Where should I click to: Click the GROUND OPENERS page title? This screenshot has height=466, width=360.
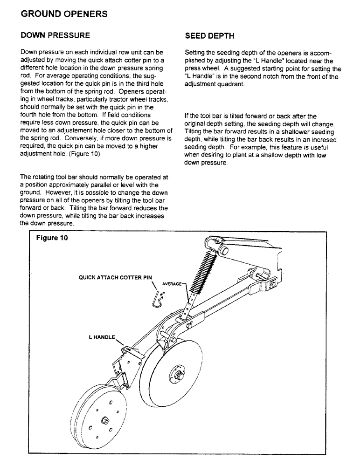pos(64,14)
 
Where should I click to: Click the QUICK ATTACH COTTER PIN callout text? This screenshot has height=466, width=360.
pos(116,277)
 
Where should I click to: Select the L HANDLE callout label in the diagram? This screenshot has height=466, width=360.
pos(102,337)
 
